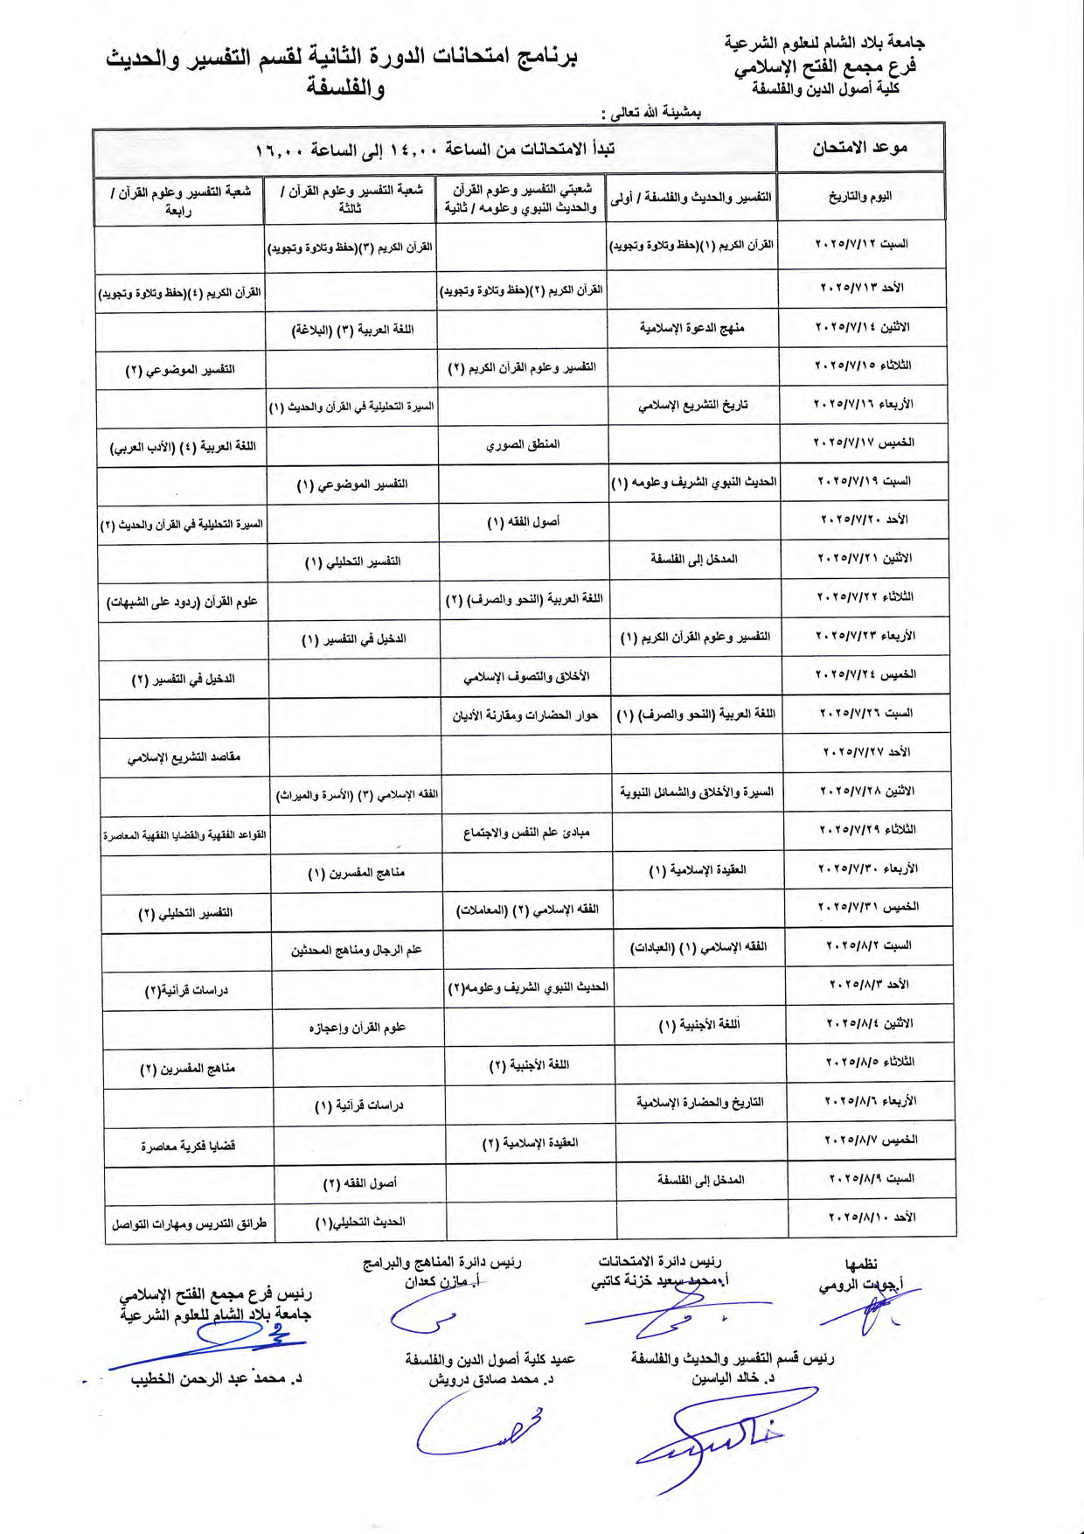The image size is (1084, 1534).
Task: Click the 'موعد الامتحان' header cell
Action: coord(859,148)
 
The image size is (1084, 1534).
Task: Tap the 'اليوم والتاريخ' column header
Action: coord(860,197)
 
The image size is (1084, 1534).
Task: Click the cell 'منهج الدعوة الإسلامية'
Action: coord(691,328)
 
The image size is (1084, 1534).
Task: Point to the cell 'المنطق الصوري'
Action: coord(523,444)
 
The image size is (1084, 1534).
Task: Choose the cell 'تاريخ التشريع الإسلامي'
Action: coord(692,405)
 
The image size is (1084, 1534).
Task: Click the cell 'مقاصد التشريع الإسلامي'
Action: coord(184,757)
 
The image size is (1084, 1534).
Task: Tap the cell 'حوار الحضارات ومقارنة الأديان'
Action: coord(525,715)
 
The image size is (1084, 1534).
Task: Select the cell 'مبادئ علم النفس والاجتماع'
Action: coord(526,832)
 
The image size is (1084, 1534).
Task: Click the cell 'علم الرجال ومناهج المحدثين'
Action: coord(357,950)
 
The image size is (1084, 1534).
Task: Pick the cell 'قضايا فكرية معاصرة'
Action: coord(188,1146)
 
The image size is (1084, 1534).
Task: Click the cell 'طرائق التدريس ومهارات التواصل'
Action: coord(189,1224)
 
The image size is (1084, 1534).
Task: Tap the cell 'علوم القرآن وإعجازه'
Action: coord(358,1028)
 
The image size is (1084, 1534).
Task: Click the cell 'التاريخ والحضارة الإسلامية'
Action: coord(699,1102)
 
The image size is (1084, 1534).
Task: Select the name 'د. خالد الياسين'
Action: coord(733,1378)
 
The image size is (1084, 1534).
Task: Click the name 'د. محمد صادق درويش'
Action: coord(490,1379)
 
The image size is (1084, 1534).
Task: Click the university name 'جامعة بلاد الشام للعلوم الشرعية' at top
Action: coord(823,43)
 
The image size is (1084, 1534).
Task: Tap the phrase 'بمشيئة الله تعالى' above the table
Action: coord(656,113)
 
